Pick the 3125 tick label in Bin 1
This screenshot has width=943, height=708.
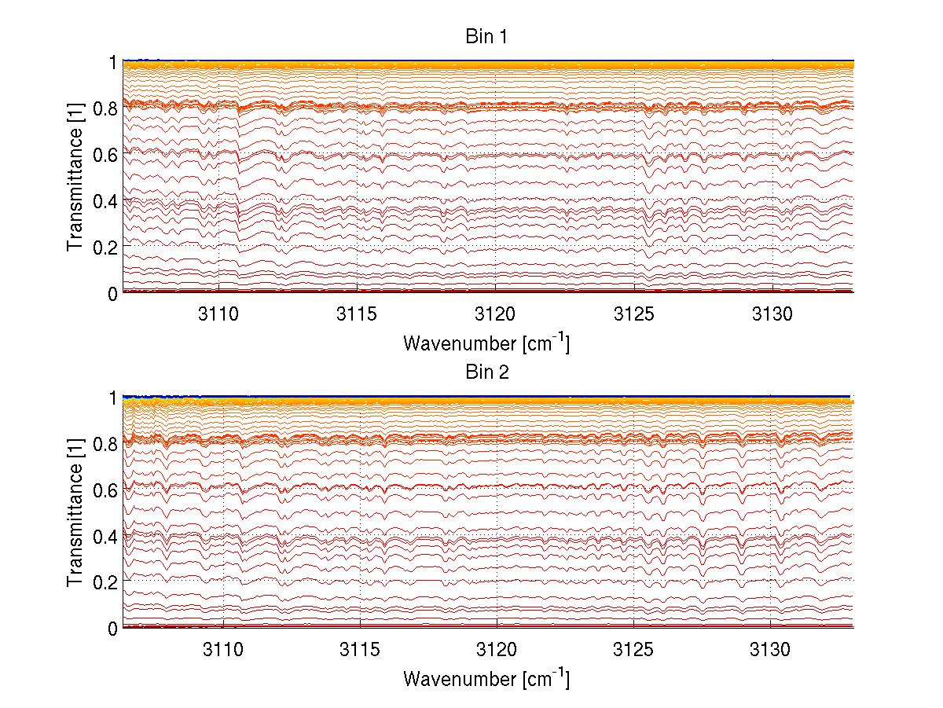[x=634, y=313]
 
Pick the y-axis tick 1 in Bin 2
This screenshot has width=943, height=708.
[x=113, y=398]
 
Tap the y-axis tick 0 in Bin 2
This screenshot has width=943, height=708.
[x=113, y=628]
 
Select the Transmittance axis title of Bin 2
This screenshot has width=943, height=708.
[x=75, y=513]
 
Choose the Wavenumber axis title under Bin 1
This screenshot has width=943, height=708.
[x=486, y=343]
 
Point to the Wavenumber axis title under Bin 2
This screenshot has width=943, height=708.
[x=486, y=678]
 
